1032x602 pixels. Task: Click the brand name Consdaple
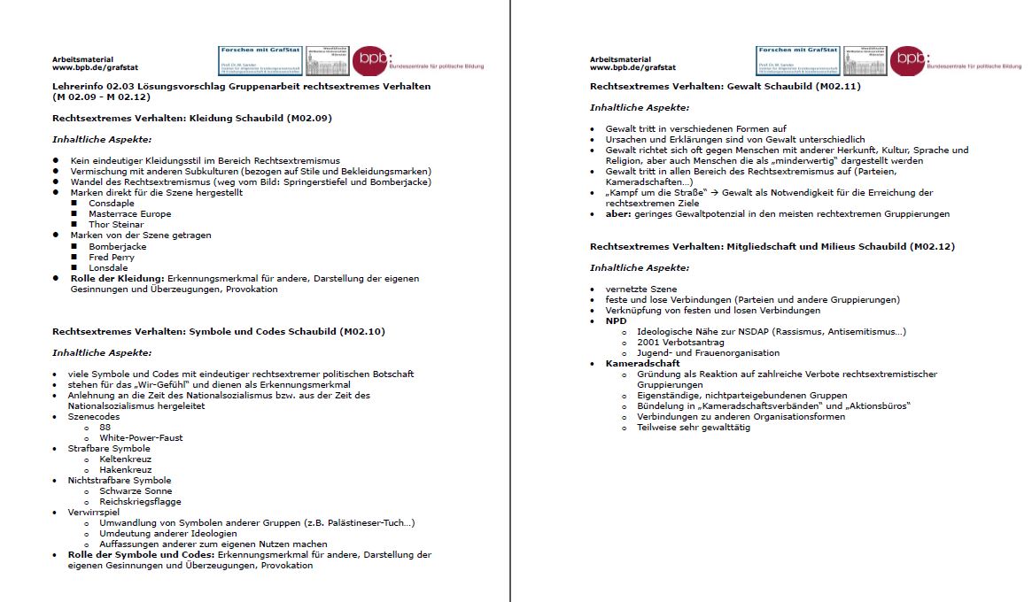click(x=112, y=203)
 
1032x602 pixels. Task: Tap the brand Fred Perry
click(x=112, y=257)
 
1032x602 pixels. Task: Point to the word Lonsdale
click(x=109, y=267)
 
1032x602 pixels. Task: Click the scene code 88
click(x=105, y=427)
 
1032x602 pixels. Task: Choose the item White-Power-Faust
click(x=142, y=437)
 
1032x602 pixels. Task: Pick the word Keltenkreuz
click(x=126, y=459)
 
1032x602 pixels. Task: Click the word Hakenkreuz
click(x=125, y=469)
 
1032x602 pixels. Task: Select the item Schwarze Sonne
click(x=136, y=490)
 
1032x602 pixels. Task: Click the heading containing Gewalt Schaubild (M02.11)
click(x=726, y=86)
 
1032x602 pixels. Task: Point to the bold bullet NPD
click(x=616, y=320)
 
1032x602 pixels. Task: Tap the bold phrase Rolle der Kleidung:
click(x=118, y=278)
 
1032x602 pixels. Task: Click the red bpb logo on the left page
click(x=369, y=60)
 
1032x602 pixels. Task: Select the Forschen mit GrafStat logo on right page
click(x=797, y=60)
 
